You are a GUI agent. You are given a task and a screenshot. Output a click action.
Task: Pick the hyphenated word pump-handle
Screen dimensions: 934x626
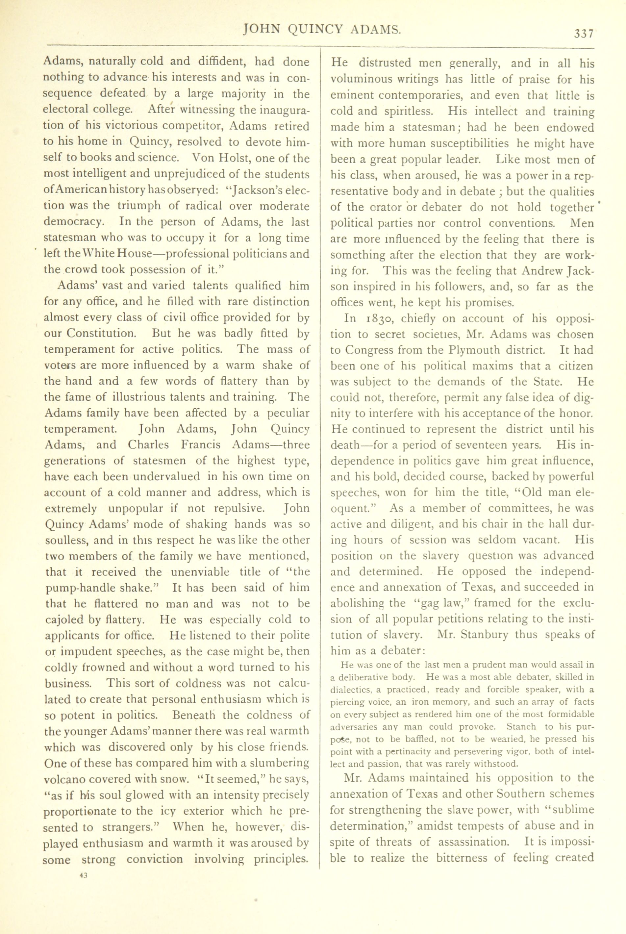pyautogui.click(x=79, y=588)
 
